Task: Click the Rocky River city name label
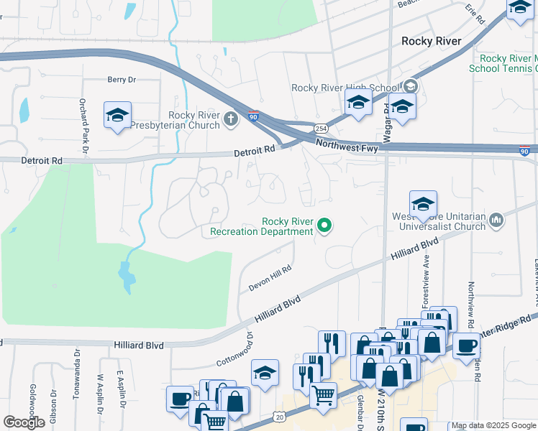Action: pyautogui.click(x=431, y=41)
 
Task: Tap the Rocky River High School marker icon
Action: pyautogui.click(x=411, y=87)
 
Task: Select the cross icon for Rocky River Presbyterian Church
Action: pyautogui.click(x=230, y=119)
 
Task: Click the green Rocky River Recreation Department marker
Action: pyautogui.click(x=324, y=226)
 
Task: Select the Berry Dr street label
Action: pyautogui.click(x=121, y=80)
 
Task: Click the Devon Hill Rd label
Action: pyautogui.click(x=270, y=279)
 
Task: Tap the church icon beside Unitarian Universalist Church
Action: pyautogui.click(x=496, y=219)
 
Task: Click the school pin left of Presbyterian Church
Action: pyautogui.click(x=117, y=115)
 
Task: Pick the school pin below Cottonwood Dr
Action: pyautogui.click(x=265, y=373)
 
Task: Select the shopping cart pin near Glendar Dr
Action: pyautogui.click(x=323, y=393)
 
